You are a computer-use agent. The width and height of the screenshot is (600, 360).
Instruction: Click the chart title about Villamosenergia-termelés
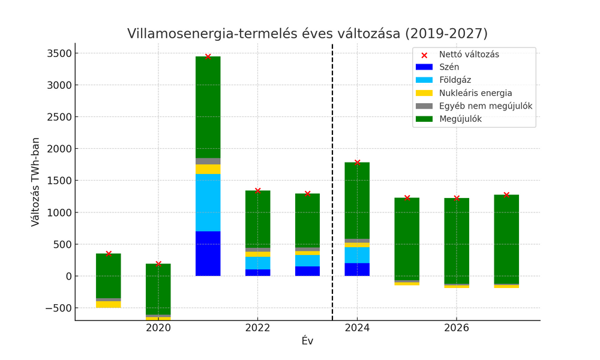tap(307, 34)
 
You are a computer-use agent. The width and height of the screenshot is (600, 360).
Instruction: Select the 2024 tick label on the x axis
tap(357, 328)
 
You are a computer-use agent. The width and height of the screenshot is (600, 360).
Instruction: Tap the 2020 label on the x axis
tap(158, 328)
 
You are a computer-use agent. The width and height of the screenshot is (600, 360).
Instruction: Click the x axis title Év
tap(307, 341)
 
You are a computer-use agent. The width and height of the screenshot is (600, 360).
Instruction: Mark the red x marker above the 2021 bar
tap(208, 56)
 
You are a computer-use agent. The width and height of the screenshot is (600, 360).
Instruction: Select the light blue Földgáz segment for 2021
tap(208, 202)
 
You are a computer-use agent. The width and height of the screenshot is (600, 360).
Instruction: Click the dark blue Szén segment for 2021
tap(208, 253)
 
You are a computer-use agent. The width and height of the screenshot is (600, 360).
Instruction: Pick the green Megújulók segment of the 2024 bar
tap(357, 200)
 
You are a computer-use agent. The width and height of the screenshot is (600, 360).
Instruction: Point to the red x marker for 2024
tap(357, 163)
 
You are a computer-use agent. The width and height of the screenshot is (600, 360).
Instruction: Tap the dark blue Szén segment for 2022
tap(258, 272)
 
